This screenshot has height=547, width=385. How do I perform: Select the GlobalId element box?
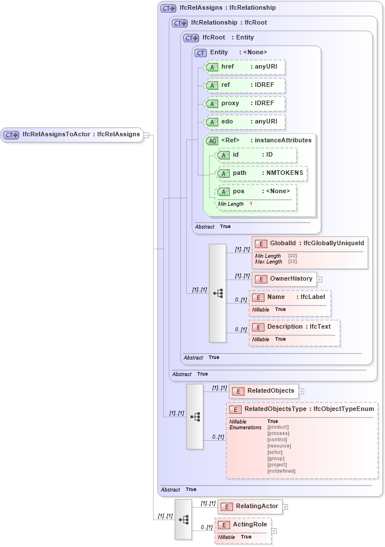pyautogui.click(x=309, y=243)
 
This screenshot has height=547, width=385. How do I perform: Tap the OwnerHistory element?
pyautogui.click(x=284, y=279)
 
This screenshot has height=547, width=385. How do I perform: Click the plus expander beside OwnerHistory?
pyautogui.click(x=320, y=280)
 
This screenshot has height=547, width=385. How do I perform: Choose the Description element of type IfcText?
pyautogui.click(x=294, y=327)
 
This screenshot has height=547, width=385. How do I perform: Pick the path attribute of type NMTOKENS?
pyautogui.click(x=261, y=173)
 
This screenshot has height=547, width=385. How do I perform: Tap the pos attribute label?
pyautogui.click(x=238, y=191)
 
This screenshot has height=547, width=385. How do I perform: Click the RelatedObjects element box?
pyautogui.click(x=263, y=391)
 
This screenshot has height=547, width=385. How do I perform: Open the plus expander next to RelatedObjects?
pyautogui.click(x=301, y=392)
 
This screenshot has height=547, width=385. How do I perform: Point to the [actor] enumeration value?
pyautogui.click(x=275, y=452)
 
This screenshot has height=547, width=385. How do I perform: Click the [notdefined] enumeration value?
pyautogui.click(x=281, y=471)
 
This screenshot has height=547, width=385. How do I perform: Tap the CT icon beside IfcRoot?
pyautogui.click(x=191, y=38)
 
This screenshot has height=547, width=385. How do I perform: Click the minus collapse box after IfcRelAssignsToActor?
pyautogui.click(x=146, y=135)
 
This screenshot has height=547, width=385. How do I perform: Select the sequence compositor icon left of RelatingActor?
pyautogui.click(x=183, y=520)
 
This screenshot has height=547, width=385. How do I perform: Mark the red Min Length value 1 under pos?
pyautogui.click(x=251, y=204)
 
